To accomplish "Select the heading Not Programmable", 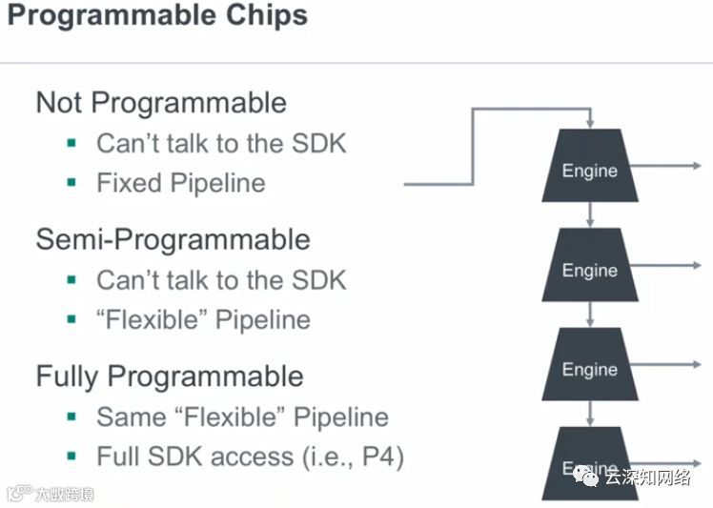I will pyautogui.click(x=160, y=102).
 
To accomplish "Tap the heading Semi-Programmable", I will pyautogui.click(x=173, y=238).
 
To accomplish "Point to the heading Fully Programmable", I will pyautogui.click(x=169, y=376).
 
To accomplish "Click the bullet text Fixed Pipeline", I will pyautogui.click(x=180, y=183).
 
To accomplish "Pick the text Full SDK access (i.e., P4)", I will pyautogui.click(x=250, y=457).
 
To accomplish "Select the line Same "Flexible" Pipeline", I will pyautogui.click(x=242, y=417).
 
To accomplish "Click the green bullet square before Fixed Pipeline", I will pyautogui.click(x=71, y=182).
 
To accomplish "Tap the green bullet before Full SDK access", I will pyautogui.click(x=71, y=457).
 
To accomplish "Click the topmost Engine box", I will pyautogui.click(x=590, y=169).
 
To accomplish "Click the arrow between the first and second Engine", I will pyautogui.click(x=590, y=214).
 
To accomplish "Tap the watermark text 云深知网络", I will pyautogui.click(x=647, y=477).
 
